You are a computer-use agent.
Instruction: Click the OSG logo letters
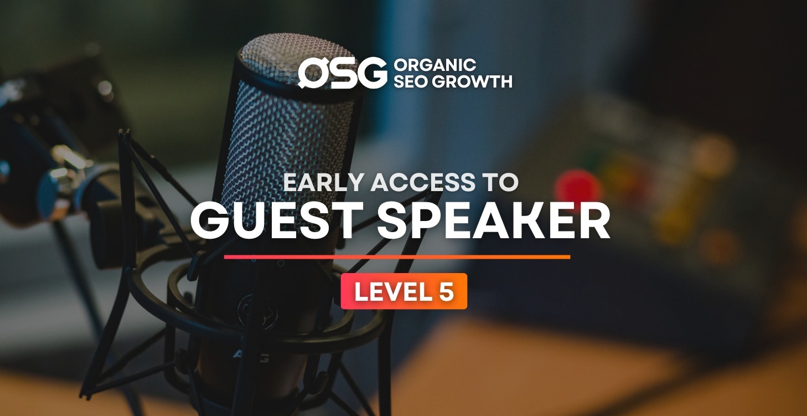tap(343, 73)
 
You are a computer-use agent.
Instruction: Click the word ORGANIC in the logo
tap(435, 65)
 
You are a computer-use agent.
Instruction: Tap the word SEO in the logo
tap(411, 81)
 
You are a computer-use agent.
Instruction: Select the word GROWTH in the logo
tap(472, 81)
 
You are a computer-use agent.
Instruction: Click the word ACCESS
tap(423, 182)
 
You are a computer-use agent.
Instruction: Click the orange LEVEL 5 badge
tap(404, 291)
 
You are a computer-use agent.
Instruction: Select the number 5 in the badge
tap(447, 291)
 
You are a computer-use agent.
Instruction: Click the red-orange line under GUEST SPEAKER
tap(397, 257)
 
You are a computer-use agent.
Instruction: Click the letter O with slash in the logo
tap(312, 73)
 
